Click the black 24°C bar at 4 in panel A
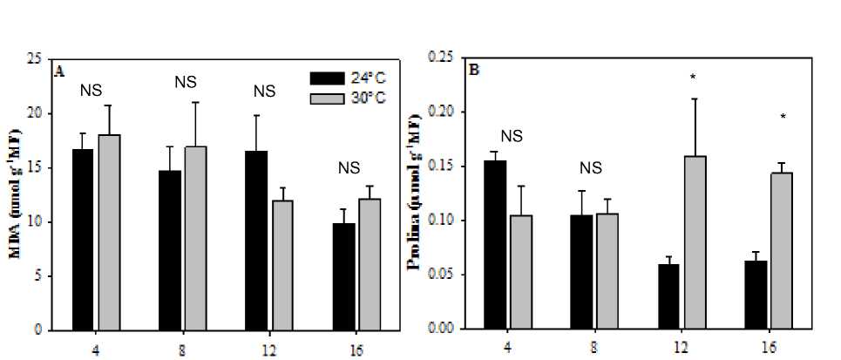pyautogui.click(x=83, y=240)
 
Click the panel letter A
pyautogui.click(x=59, y=71)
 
